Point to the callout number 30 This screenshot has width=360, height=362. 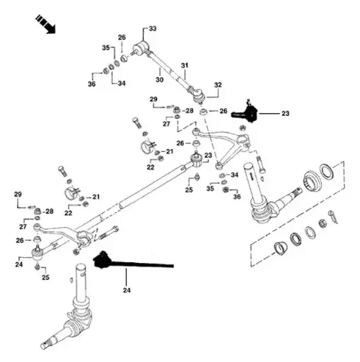[160, 80]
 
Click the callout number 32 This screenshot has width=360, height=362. [218, 85]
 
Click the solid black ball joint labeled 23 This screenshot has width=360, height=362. [249, 110]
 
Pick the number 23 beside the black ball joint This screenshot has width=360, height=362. [285, 112]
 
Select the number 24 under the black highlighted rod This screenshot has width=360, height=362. [127, 290]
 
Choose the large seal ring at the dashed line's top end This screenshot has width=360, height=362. [327, 171]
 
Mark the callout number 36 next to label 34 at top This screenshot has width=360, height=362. [91, 85]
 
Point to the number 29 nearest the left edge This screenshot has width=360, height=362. [18, 194]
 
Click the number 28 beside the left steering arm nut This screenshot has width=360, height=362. [49, 211]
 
